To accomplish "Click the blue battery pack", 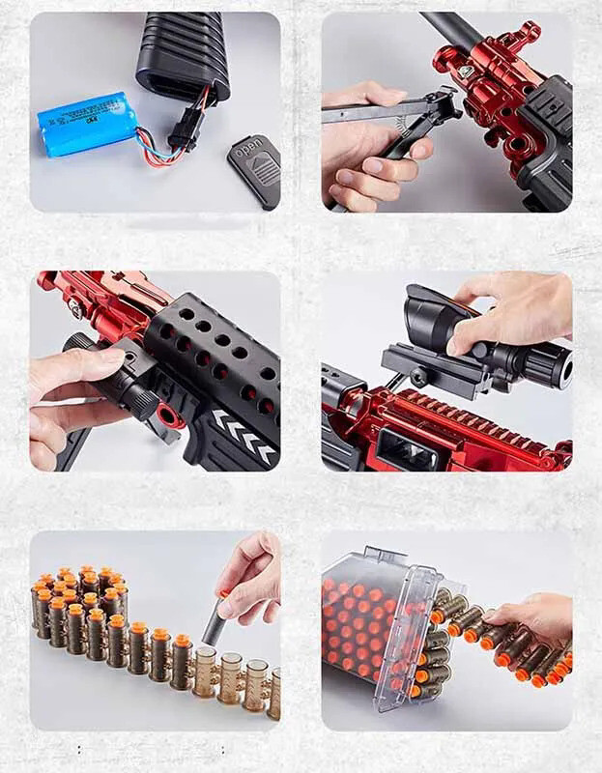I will [x=86, y=124].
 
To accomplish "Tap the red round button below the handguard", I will [x=171, y=416].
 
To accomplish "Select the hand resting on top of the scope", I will [x=512, y=309].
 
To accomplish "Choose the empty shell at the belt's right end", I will [x=273, y=693].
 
